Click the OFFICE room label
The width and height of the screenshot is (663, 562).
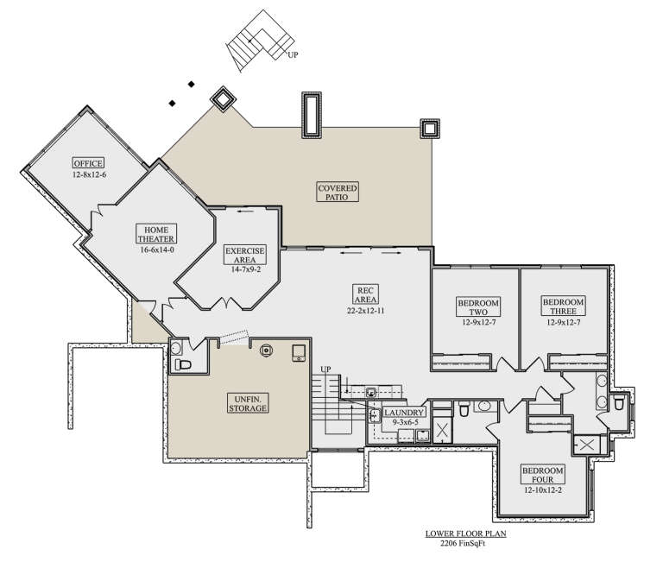point(88,163)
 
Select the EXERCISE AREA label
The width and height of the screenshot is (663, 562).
point(245,255)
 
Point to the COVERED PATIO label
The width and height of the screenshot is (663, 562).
point(337,191)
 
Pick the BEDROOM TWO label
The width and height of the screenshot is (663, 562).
point(473,306)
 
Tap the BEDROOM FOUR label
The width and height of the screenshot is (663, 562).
point(542,474)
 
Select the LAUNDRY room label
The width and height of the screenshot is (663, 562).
point(403,414)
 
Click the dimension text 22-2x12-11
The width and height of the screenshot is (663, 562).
point(365,309)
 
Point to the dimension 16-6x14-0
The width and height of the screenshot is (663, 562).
point(156,249)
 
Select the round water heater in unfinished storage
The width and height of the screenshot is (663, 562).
point(266,350)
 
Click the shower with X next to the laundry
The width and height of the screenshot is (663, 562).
point(440,428)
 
